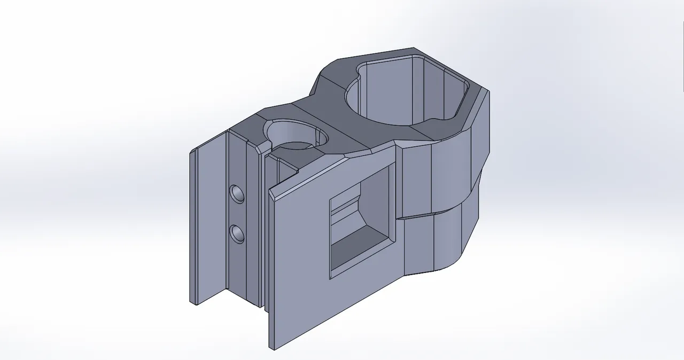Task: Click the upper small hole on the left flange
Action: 236,193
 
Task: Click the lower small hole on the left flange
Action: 236,233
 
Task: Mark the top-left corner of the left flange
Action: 191,152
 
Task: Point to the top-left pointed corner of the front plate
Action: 269,190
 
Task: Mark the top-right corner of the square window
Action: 396,165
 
